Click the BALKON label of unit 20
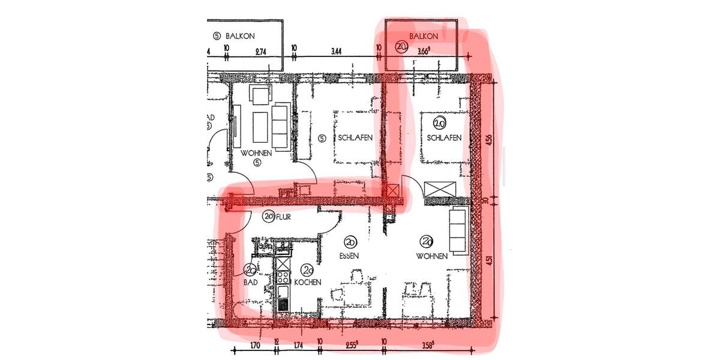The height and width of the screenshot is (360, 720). tap(424, 36)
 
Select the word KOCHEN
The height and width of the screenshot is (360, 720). tap(308, 282)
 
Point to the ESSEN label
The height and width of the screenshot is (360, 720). tap(349, 256)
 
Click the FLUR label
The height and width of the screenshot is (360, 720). tap(283, 217)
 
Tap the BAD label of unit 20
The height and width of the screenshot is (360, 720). tap(250, 282)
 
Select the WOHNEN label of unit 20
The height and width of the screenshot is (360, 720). tap(432, 256)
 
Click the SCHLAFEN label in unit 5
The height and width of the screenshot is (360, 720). tap(355, 138)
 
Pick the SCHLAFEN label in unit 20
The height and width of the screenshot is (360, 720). tap(444, 138)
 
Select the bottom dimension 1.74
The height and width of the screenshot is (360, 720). tap(298, 346)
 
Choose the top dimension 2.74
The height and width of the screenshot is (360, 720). tap(260, 52)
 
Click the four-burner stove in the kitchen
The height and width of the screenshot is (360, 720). tap(282, 277)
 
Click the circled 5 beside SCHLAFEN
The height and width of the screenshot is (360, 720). tap(322, 139)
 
